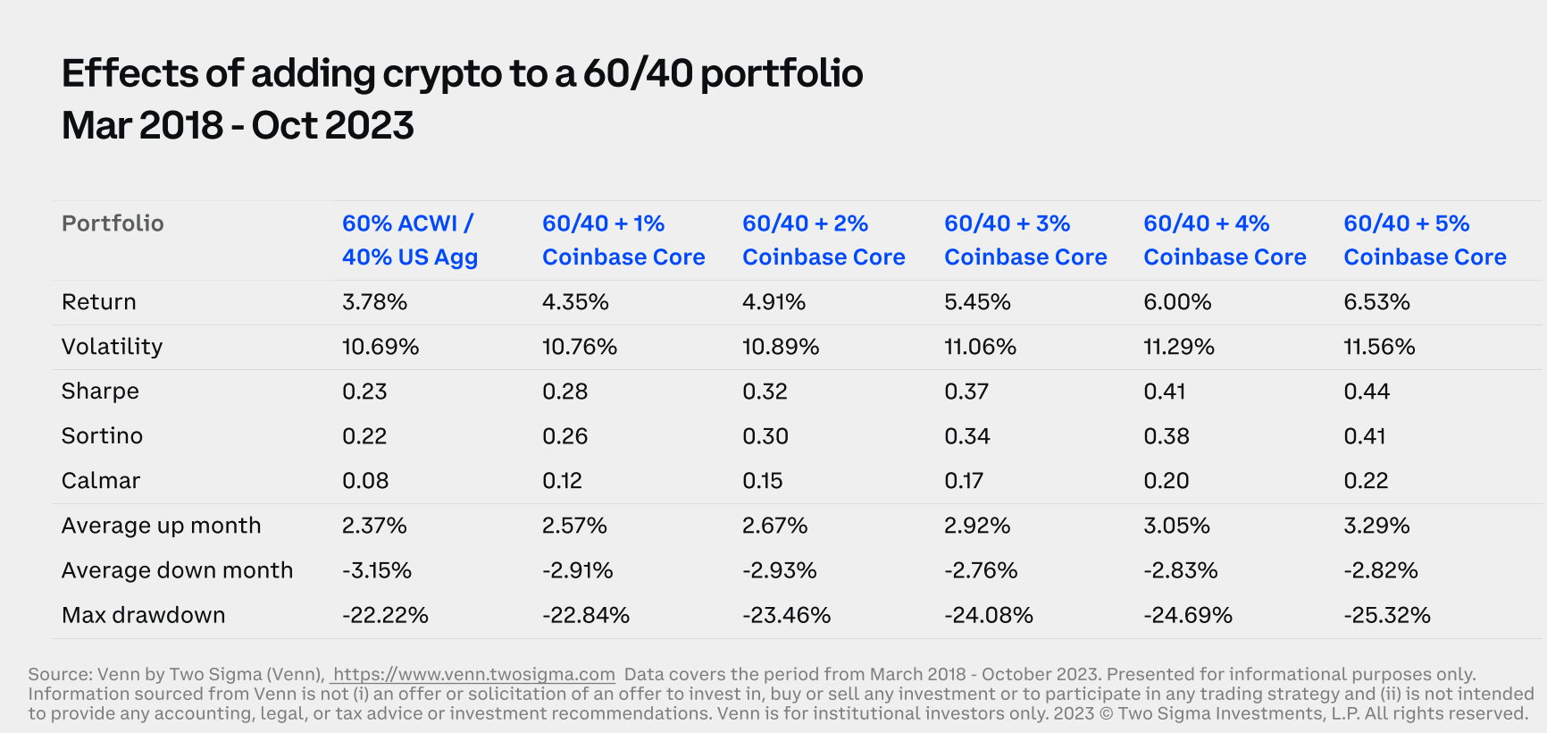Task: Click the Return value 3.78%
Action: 374,302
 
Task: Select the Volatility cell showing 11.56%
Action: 1379,347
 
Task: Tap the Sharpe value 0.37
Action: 966,392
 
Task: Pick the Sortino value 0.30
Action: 765,436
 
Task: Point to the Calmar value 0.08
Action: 365,481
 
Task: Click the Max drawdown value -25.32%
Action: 1386,615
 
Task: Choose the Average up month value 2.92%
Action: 977,526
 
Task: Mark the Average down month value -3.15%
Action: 377,570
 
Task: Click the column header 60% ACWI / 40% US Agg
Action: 409,240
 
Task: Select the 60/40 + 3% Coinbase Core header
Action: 1025,240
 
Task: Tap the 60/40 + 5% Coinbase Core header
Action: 1425,240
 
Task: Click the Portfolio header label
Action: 113,223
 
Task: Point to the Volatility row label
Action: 112,347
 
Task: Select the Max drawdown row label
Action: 143,615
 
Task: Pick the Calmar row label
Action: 101,481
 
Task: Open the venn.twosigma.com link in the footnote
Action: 473,675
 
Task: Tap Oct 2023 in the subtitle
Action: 332,126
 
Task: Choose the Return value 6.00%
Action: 1177,302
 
